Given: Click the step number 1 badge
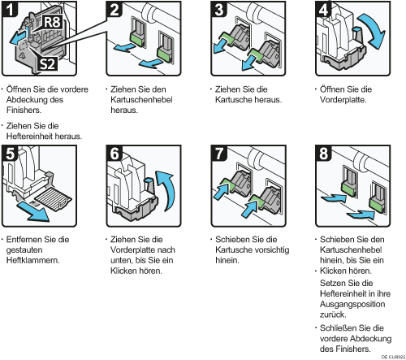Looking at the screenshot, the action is click(x=10, y=9).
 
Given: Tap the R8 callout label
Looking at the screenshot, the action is click(x=52, y=22).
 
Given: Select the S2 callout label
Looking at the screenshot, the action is click(x=47, y=63).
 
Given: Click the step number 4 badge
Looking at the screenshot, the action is click(x=323, y=9).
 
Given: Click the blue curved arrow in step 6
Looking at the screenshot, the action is click(x=167, y=189).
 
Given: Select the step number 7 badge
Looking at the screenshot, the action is click(x=219, y=153).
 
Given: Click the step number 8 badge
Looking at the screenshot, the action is click(x=323, y=153).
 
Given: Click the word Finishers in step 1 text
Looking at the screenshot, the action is click(x=24, y=111).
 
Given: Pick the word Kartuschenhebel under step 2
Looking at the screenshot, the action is click(x=141, y=100).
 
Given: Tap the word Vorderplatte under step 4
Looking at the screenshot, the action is click(x=343, y=100).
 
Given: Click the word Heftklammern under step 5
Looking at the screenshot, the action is click(x=32, y=260).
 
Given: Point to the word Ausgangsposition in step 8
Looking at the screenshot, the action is click(x=352, y=304).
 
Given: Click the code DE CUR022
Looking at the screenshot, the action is click(x=393, y=357).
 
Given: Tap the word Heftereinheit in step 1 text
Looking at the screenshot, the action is click(x=30, y=136).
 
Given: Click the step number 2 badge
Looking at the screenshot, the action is click(x=114, y=9).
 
